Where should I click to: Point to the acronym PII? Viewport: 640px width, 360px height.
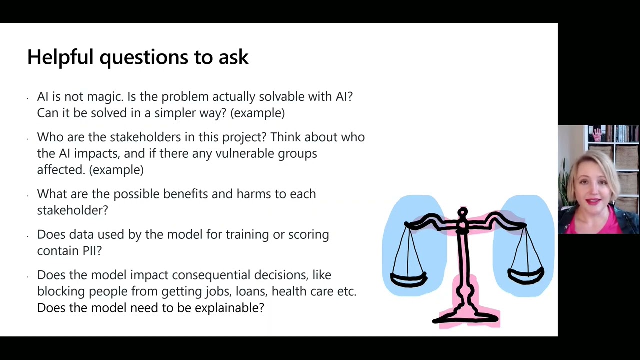(x=92, y=251)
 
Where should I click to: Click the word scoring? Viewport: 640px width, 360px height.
(x=308, y=235)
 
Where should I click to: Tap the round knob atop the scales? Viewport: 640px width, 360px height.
(x=463, y=213)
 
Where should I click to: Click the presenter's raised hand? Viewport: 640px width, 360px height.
(x=597, y=134)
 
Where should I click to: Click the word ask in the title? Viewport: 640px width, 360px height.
(x=233, y=57)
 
